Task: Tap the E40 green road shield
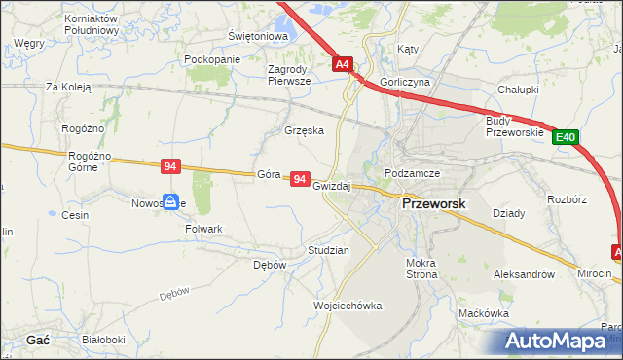(567, 138)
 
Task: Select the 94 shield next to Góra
(300, 180)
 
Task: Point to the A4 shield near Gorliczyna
(343, 65)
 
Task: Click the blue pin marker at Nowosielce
(170, 201)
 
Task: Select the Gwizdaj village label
(332, 185)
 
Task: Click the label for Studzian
(328, 250)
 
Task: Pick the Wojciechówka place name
(348, 306)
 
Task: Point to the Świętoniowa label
(258, 36)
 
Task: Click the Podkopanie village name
(211, 59)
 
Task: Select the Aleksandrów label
(531, 275)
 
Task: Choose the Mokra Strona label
(421, 269)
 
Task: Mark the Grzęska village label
(303, 129)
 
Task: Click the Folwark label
(204, 229)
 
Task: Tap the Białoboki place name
(103, 340)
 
